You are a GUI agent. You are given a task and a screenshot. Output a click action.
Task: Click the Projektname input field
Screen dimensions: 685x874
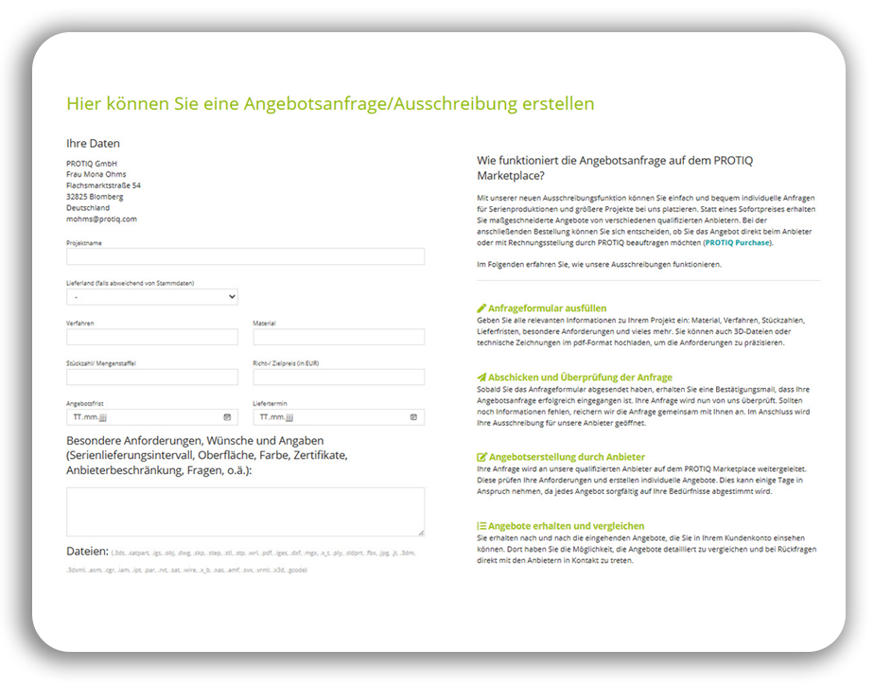click(x=245, y=256)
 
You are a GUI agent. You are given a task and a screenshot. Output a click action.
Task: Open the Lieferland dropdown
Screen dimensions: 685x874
click(x=151, y=297)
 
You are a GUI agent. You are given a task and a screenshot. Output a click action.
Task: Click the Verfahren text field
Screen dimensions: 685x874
click(x=151, y=337)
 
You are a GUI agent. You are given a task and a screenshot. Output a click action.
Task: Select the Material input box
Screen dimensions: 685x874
click(x=338, y=337)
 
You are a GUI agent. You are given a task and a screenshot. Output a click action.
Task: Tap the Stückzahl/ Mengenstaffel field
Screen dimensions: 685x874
click(x=151, y=377)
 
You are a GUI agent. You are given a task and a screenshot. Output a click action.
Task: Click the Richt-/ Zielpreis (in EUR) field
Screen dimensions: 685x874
click(x=338, y=377)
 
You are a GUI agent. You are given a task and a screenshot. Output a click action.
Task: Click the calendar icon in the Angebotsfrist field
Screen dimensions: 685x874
click(x=227, y=416)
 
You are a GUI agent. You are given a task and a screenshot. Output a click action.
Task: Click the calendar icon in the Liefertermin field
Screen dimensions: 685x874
click(x=413, y=416)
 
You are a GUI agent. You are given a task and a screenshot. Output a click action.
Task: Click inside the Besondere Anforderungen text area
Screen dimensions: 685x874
click(x=245, y=512)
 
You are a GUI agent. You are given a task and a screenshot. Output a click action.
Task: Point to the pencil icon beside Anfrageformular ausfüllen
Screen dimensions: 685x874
click(x=481, y=308)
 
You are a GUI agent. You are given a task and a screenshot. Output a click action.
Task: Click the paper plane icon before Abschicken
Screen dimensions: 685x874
click(x=481, y=378)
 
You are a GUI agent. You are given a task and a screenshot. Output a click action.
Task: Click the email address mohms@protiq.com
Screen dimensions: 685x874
click(x=101, y=219)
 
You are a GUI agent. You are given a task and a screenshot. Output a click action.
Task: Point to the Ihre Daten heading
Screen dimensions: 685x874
click(x=93, y=144)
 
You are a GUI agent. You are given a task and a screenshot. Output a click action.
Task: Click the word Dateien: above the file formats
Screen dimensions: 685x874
click(x=87, y=551)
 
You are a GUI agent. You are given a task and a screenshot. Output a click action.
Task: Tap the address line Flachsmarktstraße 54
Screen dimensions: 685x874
click(x=103, y=185)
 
